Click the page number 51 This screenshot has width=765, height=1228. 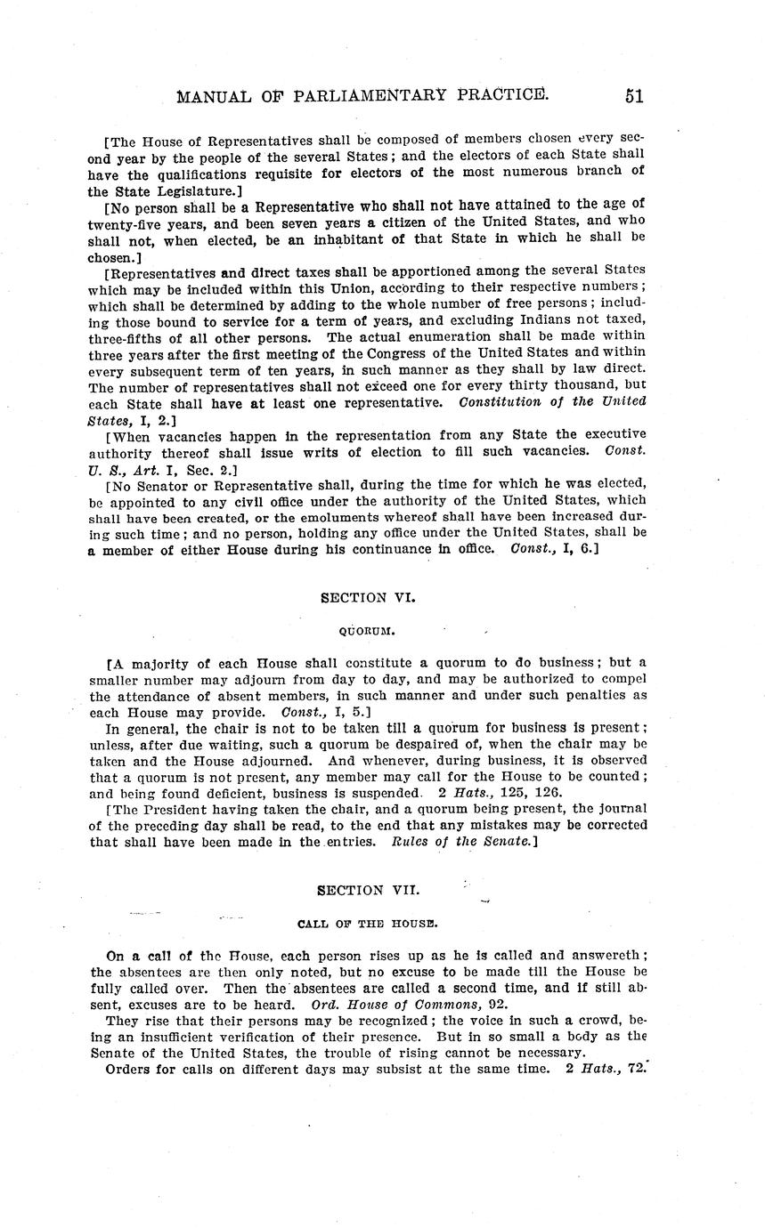tap(633, 96)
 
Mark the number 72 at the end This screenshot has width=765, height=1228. tap(633, 1069)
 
